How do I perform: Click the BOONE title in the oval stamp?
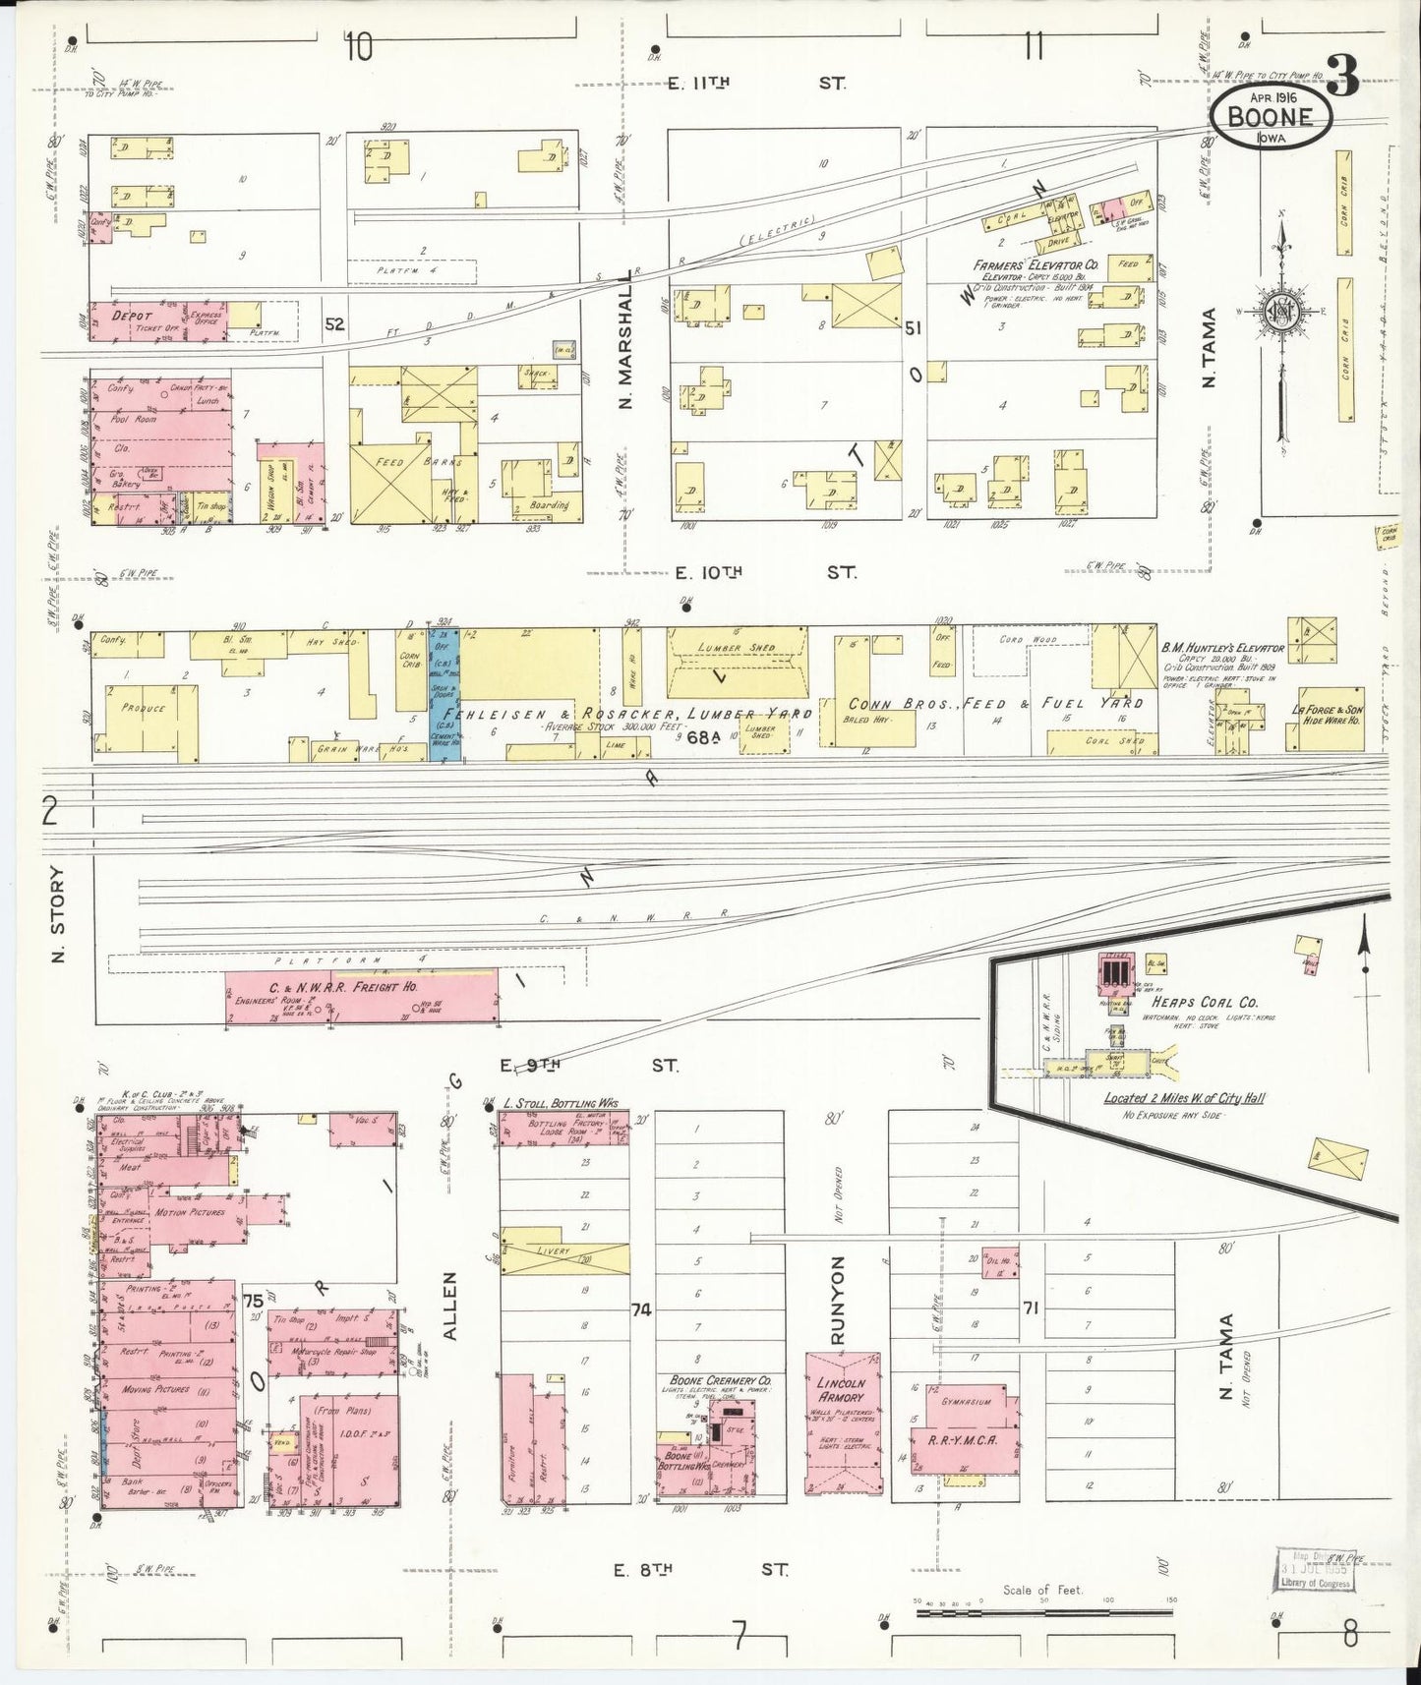1272,117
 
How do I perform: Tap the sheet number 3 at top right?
1343,74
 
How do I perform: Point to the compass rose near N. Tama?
1282,313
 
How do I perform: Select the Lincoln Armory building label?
841,1390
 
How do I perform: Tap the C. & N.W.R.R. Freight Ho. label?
364,986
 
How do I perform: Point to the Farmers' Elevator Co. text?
1036,265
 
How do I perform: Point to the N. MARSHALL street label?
629,354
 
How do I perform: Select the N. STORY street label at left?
57,914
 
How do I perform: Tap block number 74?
642,1308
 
